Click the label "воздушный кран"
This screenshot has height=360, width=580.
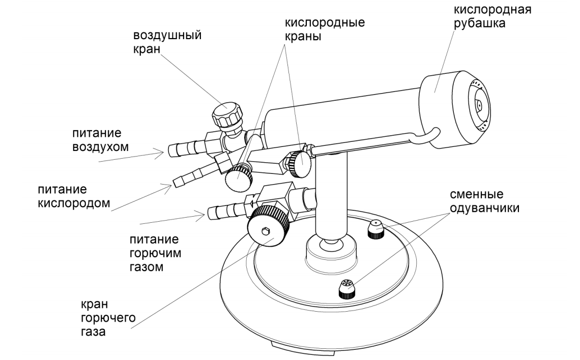167,42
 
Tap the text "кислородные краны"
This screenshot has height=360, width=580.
326,31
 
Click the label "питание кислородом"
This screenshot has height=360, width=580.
73,196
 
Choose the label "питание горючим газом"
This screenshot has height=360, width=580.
156,252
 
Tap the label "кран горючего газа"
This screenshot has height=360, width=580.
107,318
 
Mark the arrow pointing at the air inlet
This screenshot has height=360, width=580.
132,155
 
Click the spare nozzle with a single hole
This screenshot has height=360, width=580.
375,229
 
